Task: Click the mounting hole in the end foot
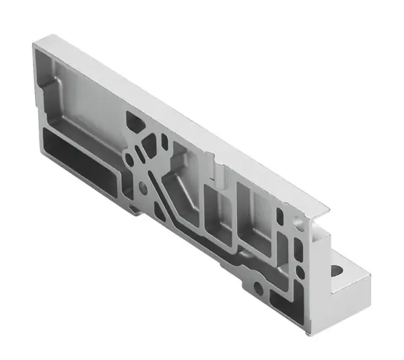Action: click(337, 272)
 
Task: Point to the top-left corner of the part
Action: click(35, 43)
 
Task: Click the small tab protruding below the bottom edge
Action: click(134, 210)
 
